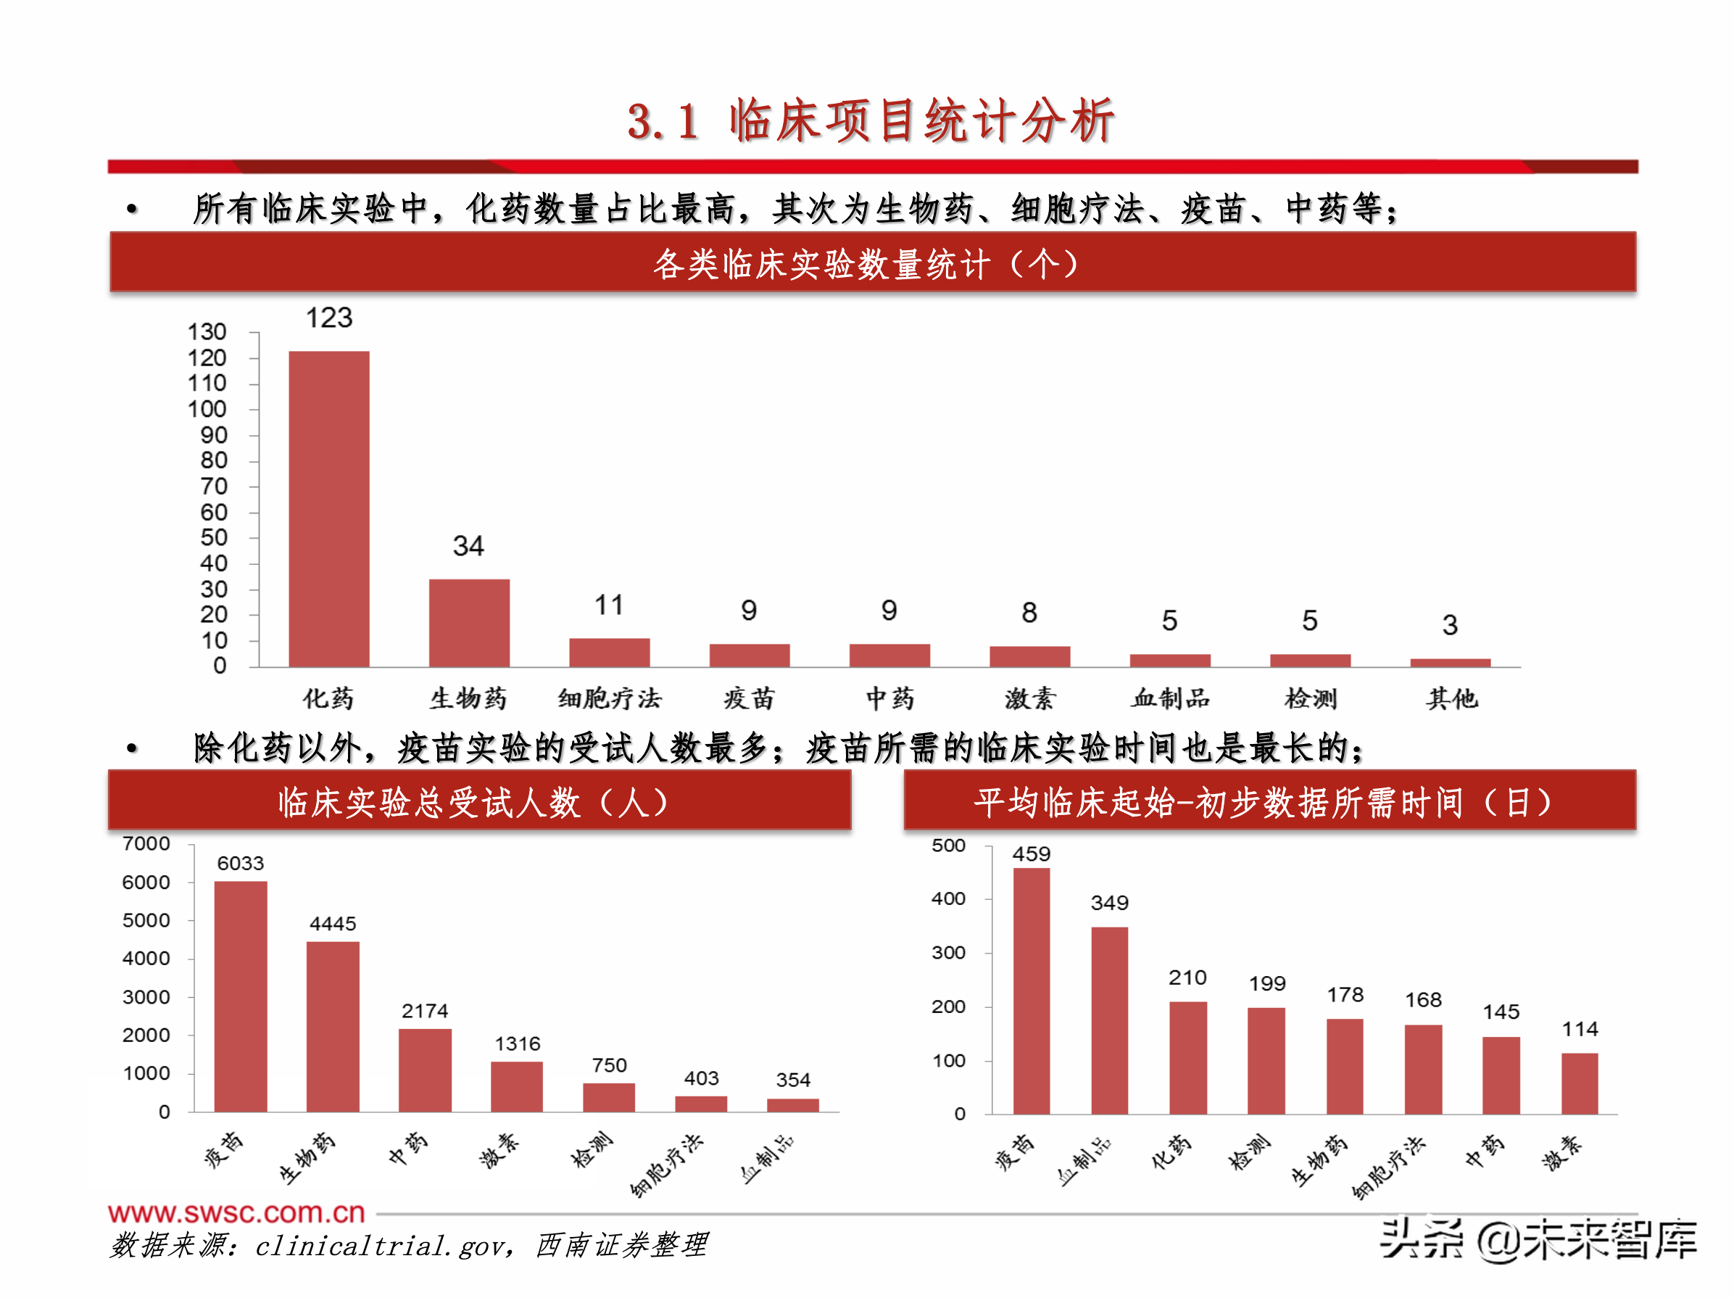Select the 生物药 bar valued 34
[x=469, y=623]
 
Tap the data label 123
[x=328, y=318]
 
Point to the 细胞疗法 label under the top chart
[x=609, y=698]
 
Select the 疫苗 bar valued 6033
[x=241, y=996]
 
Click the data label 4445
[x=333, y=923]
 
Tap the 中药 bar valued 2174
[x=425, y=1070]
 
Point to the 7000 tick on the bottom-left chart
[x=146, y=844]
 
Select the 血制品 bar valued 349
[x=1109, y=1020]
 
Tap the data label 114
[x=1580, y=1029]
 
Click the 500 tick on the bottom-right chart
[x=947, y=846]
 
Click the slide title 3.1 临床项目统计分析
[x=870, y=122]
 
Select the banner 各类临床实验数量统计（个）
[x=866, y=263]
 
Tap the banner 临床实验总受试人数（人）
[x=474, y=801]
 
